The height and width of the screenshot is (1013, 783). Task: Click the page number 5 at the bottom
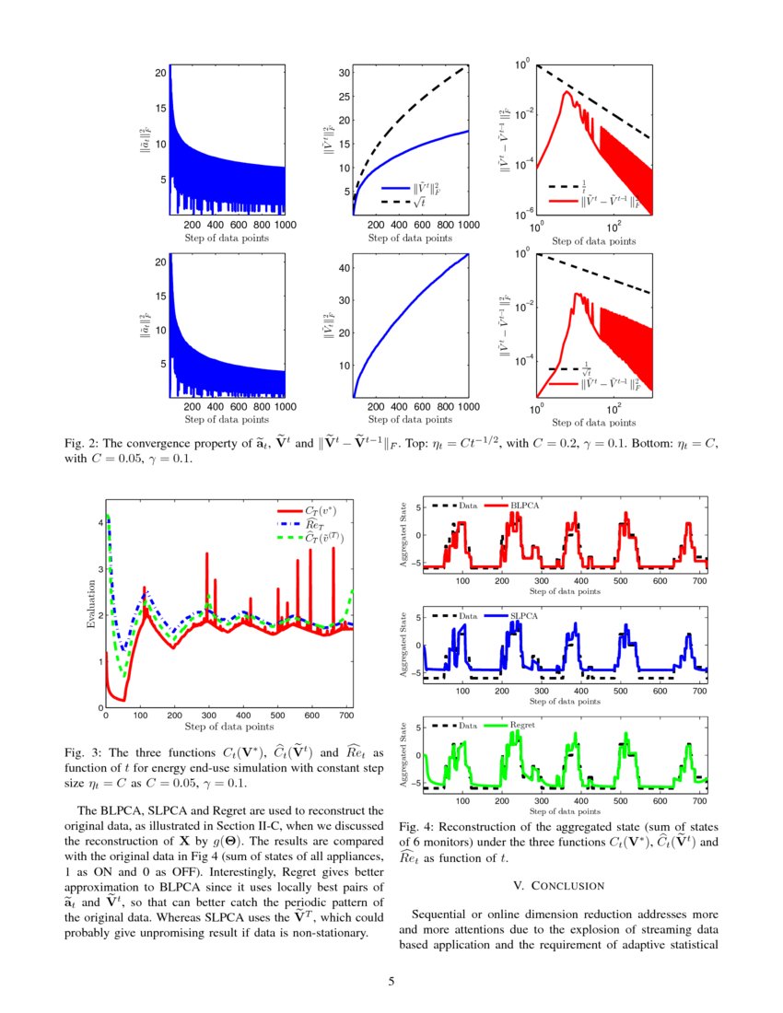point(391,980)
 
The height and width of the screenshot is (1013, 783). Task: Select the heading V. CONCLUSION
point(557,885)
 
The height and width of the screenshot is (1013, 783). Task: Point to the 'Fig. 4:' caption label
point(418,827)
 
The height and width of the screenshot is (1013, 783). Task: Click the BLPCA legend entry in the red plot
point(521,506)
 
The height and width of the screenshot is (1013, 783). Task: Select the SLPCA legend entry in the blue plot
point(521,615)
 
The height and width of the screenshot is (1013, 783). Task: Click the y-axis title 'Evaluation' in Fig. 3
point(90,604)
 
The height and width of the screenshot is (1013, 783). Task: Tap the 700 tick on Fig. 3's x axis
point(345,716)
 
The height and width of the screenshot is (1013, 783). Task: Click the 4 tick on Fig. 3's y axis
point(99,522)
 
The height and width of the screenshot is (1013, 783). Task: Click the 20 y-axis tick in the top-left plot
point(160,72)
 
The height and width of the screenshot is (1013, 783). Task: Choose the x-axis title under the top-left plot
point(226,238)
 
